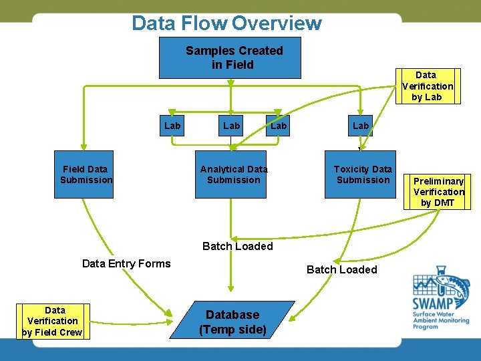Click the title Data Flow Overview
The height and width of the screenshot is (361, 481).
(226, 23)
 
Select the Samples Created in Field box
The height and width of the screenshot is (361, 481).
(230, 57)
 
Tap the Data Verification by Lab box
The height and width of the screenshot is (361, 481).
(427, 86)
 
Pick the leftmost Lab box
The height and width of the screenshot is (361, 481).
(172, 125)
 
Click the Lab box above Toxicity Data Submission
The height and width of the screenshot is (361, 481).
(360, 125)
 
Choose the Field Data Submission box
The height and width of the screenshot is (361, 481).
(84, 174)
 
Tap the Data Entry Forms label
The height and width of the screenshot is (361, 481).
(126, 263)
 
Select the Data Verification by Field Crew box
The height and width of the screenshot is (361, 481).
(55, 321)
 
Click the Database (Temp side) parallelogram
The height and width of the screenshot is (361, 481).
(232, 322)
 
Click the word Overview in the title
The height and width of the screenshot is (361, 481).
(277, 23)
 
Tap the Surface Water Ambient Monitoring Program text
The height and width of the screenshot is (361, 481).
(440, 320)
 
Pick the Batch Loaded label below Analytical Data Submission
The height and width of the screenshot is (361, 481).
(237, 246)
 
